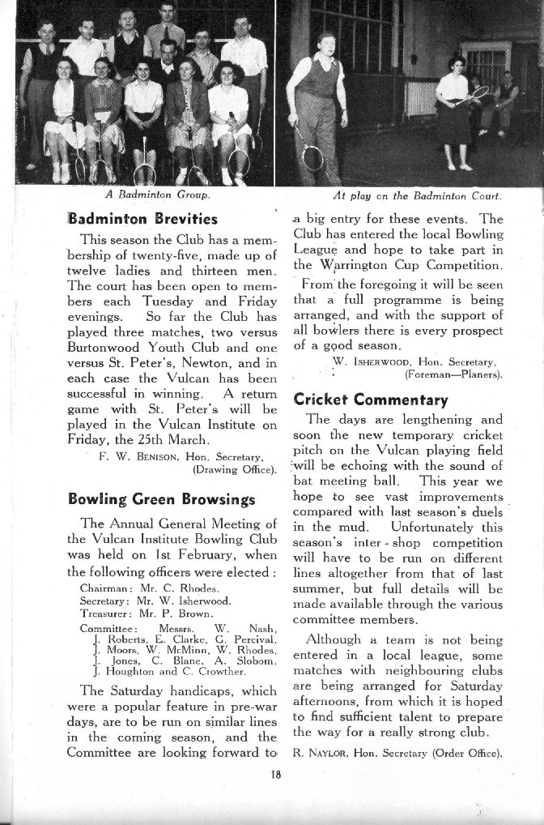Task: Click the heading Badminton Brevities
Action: tap(142, 218)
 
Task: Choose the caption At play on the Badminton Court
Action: tap(417, 195)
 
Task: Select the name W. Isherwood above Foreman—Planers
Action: tap(386, 362)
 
